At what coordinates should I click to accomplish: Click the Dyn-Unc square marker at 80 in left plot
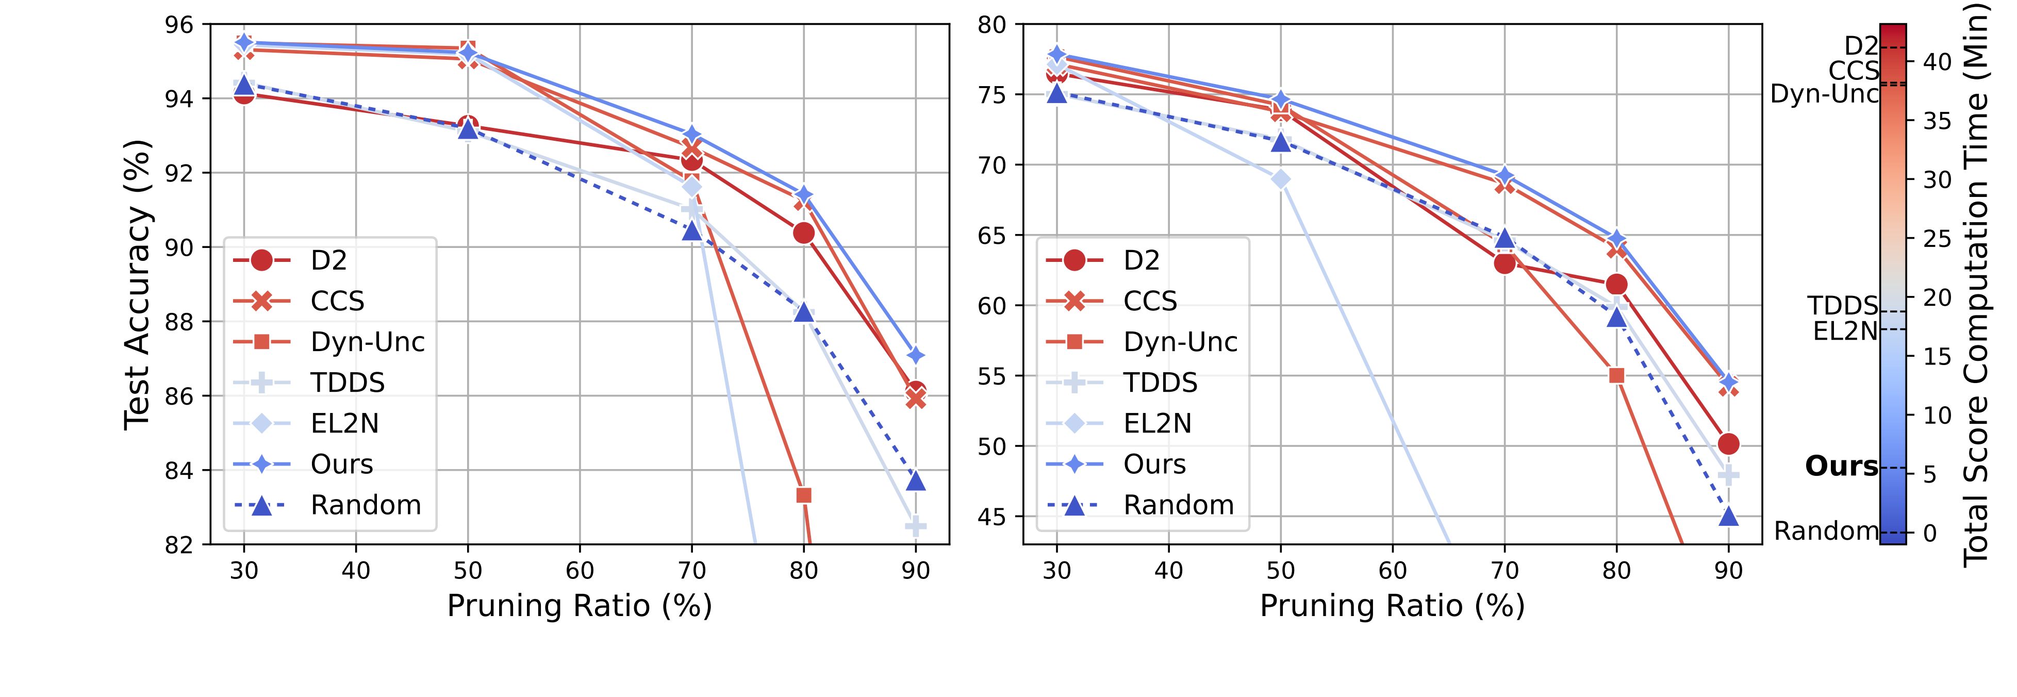point(803,495)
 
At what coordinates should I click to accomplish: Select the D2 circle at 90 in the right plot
point(1729,444)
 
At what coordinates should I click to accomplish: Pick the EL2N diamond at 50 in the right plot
point(1281,179)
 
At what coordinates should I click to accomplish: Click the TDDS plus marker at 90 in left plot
point(915,526)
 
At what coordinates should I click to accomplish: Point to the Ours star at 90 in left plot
point(915,356)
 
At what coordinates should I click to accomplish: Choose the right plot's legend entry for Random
point(1179,505)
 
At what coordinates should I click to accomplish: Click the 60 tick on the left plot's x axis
point(580,570)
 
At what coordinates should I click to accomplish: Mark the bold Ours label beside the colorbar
point(1841,467)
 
